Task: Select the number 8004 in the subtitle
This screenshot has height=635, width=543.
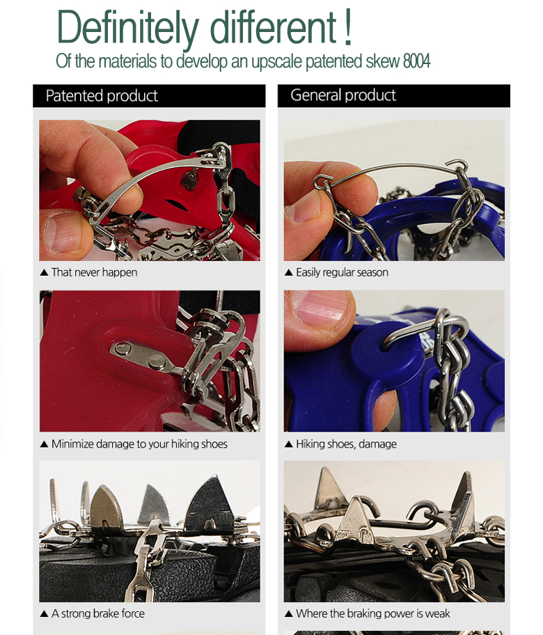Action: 416,61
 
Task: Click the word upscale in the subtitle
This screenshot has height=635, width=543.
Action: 277,62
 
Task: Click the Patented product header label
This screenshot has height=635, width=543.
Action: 102,96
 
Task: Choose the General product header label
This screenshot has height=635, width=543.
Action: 343,95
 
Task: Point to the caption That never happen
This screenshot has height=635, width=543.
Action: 95,272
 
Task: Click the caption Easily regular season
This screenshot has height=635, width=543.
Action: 342,272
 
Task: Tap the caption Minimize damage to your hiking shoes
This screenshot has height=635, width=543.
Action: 139,444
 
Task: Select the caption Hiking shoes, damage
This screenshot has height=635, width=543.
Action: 346,444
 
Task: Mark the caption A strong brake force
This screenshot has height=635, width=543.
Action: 98,613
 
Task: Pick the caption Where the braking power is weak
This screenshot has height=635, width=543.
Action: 373,613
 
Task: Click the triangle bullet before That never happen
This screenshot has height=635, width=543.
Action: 44,272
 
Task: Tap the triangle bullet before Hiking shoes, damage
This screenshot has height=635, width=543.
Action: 289,444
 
